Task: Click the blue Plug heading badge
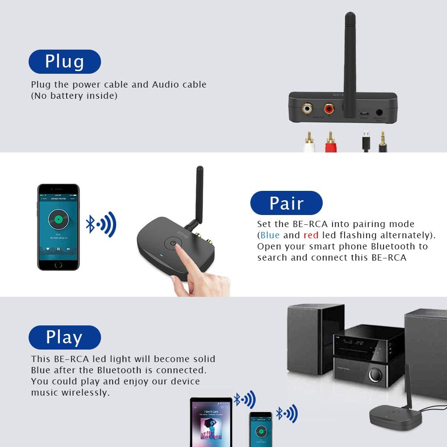(x=65, y=62)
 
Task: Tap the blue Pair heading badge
(x=286, y=203)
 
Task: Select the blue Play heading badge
(x=64, y=337)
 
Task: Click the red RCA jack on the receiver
(x=329, y=108)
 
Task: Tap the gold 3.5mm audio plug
(x=383, y=142)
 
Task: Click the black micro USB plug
(x=366, y=142)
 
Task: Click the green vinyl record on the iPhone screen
(x=59, y=219)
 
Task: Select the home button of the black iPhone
(x=58, y=264)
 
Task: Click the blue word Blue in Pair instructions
(x=270, y=235)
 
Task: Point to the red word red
(x=311, y=235)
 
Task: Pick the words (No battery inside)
(x=74, y=96)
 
